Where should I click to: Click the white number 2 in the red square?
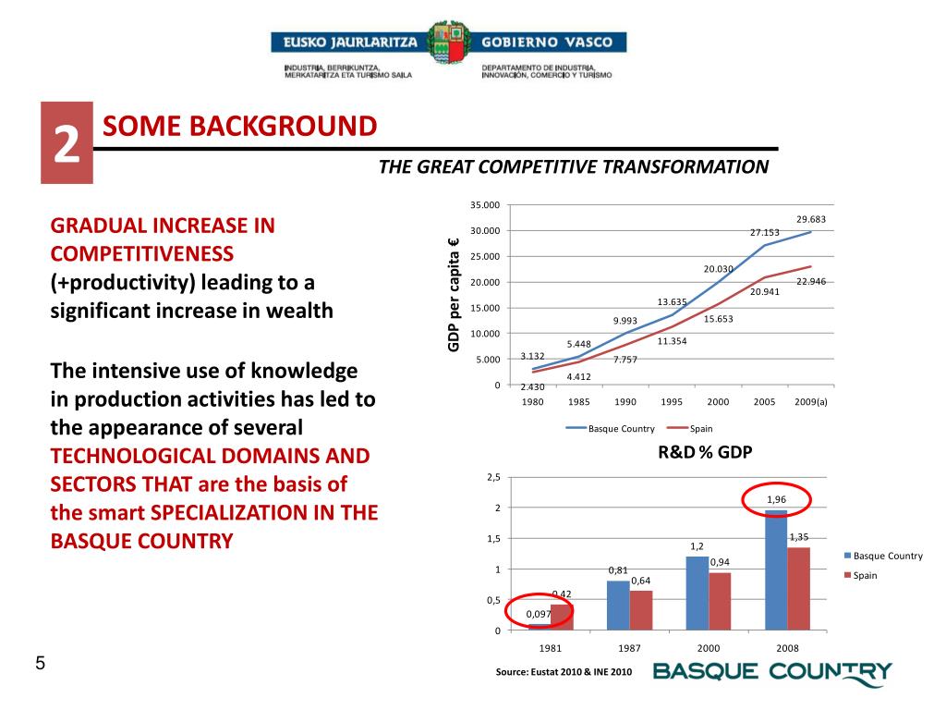click(x=66, y=144)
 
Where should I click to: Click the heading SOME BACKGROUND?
click(x=239, y=126)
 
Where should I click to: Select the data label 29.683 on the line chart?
click(x=810, y=219)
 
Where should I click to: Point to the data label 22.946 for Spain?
click(x=810, y=281)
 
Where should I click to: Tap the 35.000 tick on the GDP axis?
click(x=484, y=205)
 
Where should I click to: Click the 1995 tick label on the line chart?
click(x=672, y=402)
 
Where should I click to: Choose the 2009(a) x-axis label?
click(x=810, y=402)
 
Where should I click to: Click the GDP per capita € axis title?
click(x=454, y=296)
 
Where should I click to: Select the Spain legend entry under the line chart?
click(x=697, y=429)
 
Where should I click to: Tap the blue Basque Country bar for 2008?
click(x=776, y=569)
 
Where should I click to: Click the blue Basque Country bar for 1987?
click(x=618, y=605)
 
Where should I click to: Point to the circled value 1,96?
click(x=776, y=500)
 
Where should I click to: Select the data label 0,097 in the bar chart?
click(x=539, y=614)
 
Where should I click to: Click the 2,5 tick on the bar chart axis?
click(x=492, y=477)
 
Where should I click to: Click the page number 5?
click(x=40, y=663)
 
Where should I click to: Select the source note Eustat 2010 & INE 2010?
click(x=564, y=672)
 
